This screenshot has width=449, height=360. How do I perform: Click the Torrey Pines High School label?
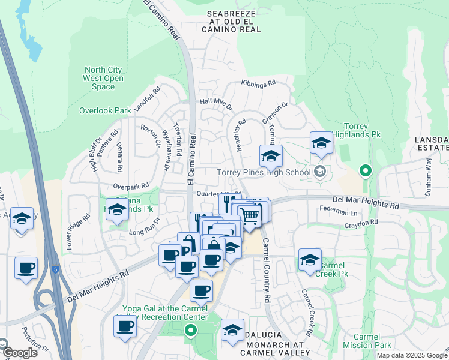click(264, 172)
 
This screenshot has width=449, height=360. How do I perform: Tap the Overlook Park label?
click(105, 110)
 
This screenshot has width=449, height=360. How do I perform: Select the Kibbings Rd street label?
click(258, 83)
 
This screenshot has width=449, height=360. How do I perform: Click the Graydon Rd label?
click(361, 223)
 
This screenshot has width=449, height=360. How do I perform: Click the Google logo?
click(19, 353)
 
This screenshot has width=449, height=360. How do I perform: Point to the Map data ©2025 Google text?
click(411, 355)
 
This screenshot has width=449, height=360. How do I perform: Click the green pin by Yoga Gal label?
click(191, 329)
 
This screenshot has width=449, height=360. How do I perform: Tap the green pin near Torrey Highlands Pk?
click(365, 172)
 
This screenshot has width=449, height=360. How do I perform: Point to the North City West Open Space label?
click(104, 78)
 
